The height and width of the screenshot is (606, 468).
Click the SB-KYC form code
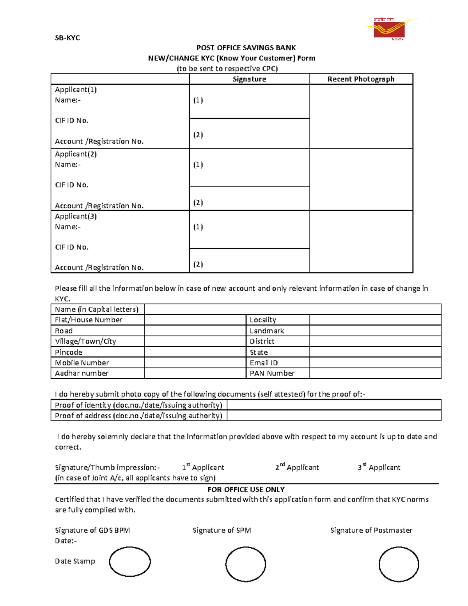point(67,38)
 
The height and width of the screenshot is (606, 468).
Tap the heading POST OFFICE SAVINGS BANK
point(246,48)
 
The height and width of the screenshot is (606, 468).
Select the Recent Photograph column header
point(361,79)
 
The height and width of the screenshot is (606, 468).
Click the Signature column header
point(249,79)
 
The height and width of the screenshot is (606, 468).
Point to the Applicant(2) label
point(76,154)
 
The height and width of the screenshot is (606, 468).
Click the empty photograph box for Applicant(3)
point(361,242)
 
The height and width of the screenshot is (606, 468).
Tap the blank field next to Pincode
point(195,352)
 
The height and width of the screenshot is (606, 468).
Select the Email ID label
point(264,363)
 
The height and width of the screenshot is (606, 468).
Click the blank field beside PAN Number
point(375,373)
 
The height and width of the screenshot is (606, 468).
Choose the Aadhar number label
point(82,373)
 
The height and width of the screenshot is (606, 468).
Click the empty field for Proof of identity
point(334,405)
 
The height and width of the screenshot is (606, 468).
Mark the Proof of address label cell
point(138,416)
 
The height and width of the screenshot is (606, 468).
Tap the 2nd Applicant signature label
point(297,467)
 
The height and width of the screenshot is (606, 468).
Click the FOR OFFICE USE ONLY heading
point(246,489)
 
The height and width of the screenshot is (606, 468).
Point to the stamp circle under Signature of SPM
point(245,564)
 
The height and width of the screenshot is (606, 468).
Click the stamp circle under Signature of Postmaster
point(399,564)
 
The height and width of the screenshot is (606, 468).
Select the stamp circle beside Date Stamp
point(129,562)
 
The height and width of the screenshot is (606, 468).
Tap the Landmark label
point(267,331)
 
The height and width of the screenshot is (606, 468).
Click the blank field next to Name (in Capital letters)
point(292,309)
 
